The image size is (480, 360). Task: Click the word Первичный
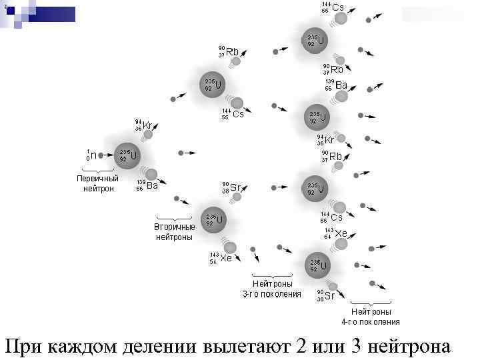[97, 179]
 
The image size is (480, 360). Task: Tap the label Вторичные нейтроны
[174, 232]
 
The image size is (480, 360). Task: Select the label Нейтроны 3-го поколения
[271, 289]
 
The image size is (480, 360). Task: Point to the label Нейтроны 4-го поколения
[371, 317]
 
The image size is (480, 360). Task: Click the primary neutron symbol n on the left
[93, 155]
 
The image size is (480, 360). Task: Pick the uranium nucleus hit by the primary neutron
[127, 156]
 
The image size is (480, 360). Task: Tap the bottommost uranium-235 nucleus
[318, 265]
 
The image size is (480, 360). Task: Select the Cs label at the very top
[338, 8]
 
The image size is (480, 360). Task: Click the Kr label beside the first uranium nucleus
[148, 125]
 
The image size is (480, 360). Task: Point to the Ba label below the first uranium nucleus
[152, 186]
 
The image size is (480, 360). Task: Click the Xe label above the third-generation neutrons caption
[226, 258]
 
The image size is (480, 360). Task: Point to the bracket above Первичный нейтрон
[97, 171]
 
